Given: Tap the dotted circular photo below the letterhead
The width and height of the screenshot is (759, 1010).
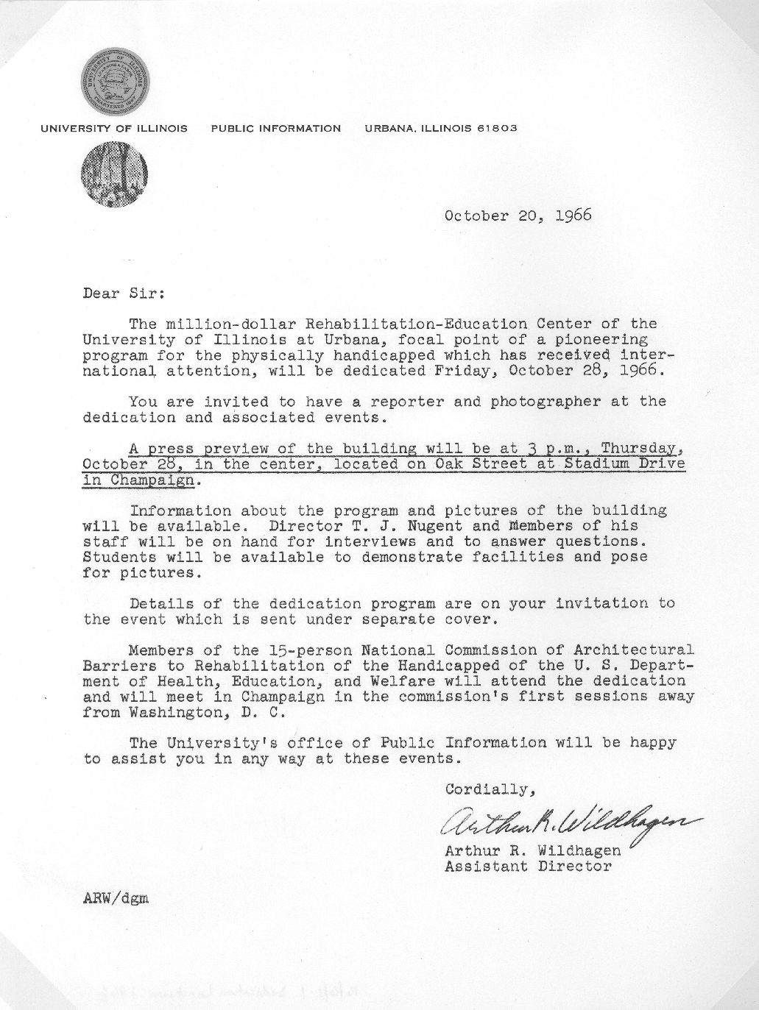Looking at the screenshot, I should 114,174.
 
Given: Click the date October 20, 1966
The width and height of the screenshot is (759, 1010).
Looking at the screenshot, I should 518,216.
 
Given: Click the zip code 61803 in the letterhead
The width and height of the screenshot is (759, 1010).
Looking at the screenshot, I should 497,128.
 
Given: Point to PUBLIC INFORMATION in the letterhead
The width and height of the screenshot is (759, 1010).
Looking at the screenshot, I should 276,128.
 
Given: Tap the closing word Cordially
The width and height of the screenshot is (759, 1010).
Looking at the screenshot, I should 487,789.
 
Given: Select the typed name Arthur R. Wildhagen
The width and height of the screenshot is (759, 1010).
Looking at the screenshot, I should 532,850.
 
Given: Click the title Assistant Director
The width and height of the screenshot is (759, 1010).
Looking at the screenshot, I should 528,866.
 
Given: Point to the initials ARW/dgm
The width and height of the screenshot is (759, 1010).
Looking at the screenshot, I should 116,897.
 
